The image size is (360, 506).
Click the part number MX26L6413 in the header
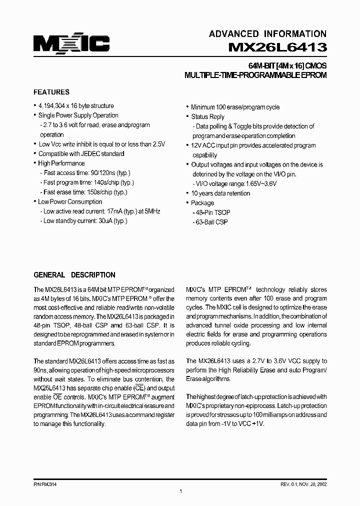click(277, 47)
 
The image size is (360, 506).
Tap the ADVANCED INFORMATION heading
click(267, 34)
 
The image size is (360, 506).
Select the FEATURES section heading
click(51, 92)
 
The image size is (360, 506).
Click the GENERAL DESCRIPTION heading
click(74, 275)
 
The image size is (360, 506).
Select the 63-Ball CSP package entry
click(211, 222)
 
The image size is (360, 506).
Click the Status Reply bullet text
click(207, 116)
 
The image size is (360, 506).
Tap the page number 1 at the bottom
click(180, 492)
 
